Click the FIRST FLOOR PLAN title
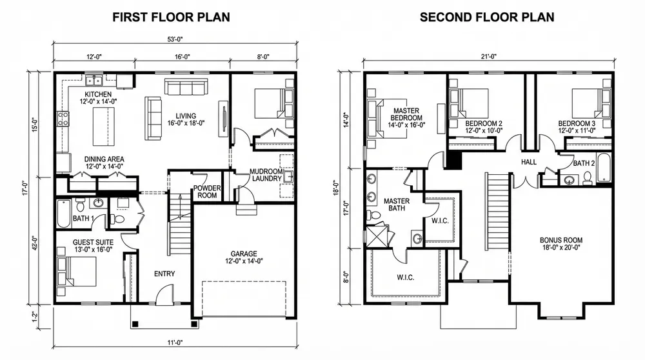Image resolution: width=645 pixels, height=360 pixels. [171, 17]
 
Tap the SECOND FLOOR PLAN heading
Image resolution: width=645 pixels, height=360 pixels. [487, 17]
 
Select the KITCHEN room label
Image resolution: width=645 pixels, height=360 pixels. [98, 94]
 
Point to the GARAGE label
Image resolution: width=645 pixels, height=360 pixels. [244, 254]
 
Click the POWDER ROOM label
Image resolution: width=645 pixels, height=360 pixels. [207, 192]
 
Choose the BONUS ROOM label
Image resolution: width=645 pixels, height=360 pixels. [561, 240]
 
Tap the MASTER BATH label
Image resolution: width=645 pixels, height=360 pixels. [397, 205]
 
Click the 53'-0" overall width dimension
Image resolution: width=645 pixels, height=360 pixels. [175, 39]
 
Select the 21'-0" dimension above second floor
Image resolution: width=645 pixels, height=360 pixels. [489, 57]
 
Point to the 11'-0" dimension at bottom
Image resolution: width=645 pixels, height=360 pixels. [175, 343]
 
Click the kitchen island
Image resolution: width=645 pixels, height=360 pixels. [104, 126]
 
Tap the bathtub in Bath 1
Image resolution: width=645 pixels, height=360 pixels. [64, 214]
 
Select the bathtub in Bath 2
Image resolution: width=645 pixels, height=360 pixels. [604, 168]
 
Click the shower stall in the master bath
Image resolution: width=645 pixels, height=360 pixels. [377, 235]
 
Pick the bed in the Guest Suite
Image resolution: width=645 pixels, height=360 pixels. [77, 272]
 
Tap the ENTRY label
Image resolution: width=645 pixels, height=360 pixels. [164, 274]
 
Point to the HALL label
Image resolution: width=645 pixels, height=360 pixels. [529, 162]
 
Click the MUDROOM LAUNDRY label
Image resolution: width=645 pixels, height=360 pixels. [266, 175]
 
